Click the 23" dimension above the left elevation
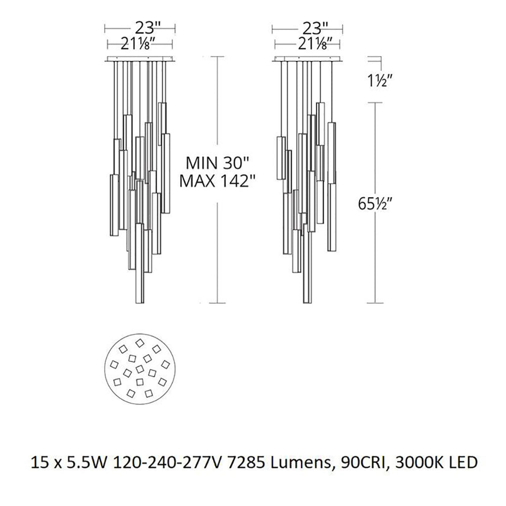(x=148, y=28)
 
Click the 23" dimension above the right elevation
(x=315, y=28)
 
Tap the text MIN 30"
(x=218, y=163)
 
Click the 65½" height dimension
(x=375, y=203)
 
